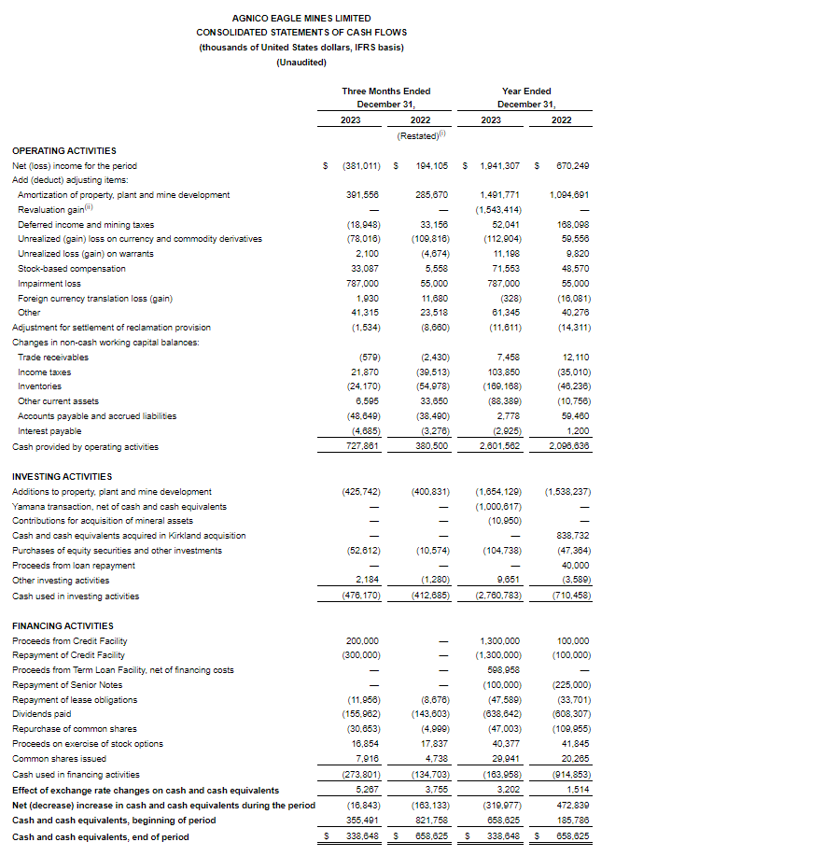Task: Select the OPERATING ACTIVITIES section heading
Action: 63,150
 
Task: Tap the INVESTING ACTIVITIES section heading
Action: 62,476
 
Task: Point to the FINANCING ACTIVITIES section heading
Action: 63,625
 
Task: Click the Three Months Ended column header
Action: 385,91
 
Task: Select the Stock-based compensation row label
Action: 65,268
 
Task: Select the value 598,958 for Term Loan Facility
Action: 500,669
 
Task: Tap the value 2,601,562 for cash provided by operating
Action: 498,446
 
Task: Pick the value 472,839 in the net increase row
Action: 571,805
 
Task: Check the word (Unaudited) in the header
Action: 301,62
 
